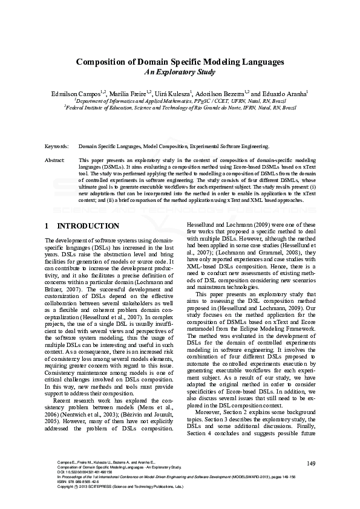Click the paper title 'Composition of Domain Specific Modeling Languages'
coord(180,62)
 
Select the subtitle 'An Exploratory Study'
coord(180,71)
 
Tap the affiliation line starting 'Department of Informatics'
coord(180,102)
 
